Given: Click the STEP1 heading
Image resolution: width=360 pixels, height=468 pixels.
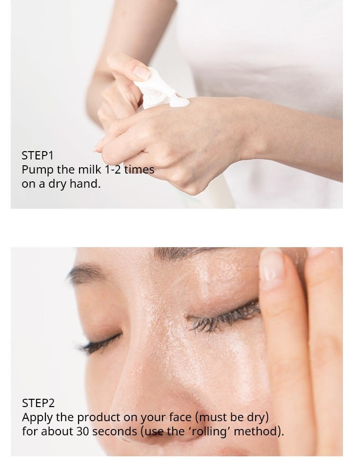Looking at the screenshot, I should [x=38, y=156].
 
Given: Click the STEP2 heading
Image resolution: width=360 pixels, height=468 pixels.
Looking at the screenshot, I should [x=38, y=403].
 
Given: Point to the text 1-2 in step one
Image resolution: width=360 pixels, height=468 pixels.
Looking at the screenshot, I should [x=113, y=170].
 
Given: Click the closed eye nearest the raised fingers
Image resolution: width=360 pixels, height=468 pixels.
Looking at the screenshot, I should [x=224, y=314].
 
